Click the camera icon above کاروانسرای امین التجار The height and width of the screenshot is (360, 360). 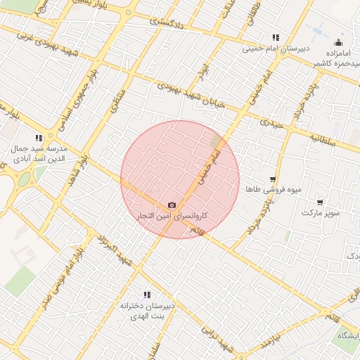[172, 204]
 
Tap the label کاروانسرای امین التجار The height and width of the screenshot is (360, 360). [172, 214]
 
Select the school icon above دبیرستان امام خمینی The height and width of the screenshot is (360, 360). [276, 38]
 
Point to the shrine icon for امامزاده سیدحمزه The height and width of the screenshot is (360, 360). [339, 42]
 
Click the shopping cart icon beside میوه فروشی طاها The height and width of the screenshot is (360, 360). [272, 180]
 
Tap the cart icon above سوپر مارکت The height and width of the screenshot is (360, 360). [320, 202]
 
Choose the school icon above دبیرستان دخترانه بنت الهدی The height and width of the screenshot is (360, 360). [147, 295]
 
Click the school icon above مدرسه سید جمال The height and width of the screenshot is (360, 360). [38, 139]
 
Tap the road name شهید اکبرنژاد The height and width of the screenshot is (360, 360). [116, 247]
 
